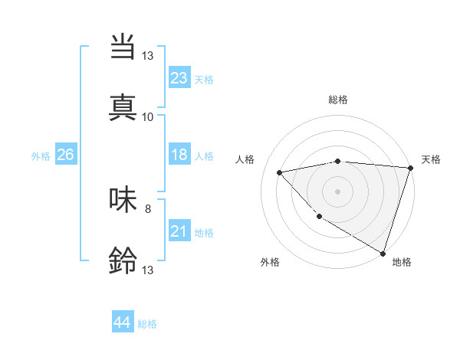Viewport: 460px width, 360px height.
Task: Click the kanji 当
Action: pos(123,47)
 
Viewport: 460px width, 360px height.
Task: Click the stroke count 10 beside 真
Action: pos(148,116)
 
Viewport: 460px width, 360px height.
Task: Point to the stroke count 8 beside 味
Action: pos(148,208)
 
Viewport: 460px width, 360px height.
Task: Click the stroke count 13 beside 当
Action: pos(148,55)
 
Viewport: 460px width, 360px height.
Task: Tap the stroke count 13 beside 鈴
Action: pos(148,270)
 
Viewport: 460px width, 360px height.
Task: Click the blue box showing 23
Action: pos(179,78)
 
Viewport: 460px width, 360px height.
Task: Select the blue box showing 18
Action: pos(179,155)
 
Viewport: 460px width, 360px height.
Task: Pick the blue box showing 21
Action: pos(179,231)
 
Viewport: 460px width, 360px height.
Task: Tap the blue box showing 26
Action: pos(65,155)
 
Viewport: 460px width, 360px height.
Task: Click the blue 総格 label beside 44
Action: pos(147,324)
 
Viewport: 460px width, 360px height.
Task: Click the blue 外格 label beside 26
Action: pos(41,156)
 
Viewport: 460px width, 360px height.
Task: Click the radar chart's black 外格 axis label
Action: pos(270,262)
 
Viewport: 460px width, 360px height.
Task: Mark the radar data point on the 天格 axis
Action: pos(410,169)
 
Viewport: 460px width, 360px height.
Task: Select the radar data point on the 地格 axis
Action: pos(383,253)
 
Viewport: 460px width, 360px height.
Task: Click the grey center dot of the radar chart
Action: pos(338,191)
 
